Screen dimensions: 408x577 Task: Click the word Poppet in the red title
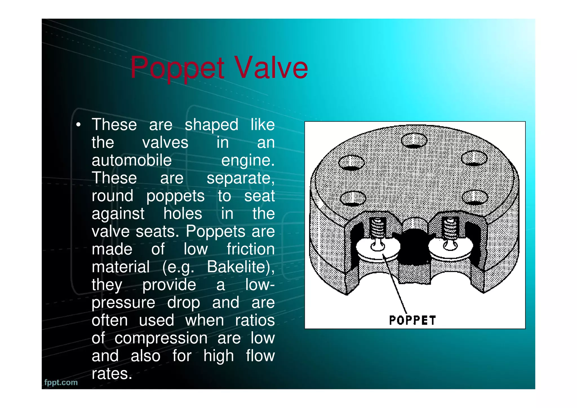(177, 68)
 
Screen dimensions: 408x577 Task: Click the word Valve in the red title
(271, 68)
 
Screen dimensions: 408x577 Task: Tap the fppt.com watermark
(61, 382)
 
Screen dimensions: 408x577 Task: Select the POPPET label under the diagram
(412, 320)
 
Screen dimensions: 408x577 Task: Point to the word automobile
(132, 160)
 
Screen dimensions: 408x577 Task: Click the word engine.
(248, 160)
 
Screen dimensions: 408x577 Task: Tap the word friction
(250, 249)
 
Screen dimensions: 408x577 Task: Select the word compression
(161, 338)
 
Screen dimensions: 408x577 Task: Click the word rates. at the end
(112, 374)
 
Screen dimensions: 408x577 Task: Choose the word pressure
(123, 303)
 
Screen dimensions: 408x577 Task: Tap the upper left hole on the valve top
(351, 163)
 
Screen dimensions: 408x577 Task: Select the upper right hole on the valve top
(474, 158)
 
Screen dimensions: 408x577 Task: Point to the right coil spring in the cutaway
(450, 227)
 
